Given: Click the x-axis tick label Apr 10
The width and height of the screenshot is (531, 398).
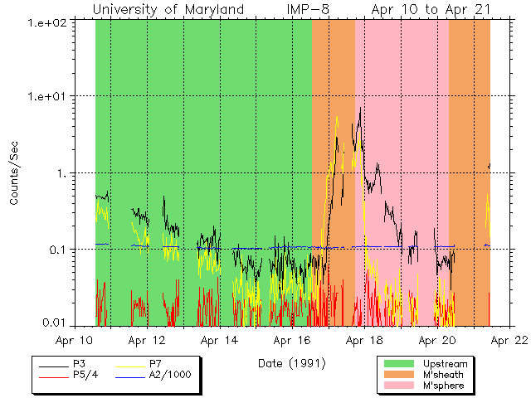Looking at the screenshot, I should pos(76,340).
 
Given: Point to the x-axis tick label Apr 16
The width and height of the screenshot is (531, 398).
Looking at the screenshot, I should pos(293,340).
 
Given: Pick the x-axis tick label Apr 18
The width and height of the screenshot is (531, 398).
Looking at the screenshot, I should pos(365,340).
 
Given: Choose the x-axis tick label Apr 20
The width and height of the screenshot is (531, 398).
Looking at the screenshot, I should pos(437,340).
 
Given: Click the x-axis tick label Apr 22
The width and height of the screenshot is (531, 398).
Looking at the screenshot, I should pos(509,340).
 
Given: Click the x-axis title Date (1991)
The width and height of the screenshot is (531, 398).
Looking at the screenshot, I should pos(292,362).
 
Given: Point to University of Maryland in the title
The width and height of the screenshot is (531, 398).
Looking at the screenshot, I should pos(168,10).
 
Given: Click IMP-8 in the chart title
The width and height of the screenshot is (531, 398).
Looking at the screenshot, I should pos(319,10).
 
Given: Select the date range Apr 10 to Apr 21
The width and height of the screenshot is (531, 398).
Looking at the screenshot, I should pos(430,10).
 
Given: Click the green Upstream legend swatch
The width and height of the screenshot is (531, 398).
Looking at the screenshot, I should pos(397,364).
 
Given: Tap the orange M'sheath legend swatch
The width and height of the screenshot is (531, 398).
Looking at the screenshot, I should pos(397,375).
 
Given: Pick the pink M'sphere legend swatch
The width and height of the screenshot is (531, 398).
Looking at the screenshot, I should pos(397,386).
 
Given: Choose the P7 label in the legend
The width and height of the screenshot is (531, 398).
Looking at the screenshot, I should pos(156,364).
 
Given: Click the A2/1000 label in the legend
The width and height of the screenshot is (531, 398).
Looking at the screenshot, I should pos(170,375).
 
